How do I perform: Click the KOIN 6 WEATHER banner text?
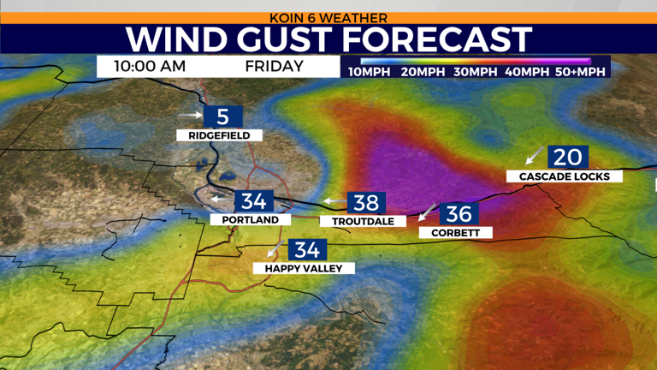(x=328, y=17)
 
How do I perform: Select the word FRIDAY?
(x=274, y=67)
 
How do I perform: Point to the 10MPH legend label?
(x=370, y=72)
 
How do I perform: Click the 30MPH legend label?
(x=476, y=72)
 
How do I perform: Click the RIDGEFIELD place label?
(x=219, y=135)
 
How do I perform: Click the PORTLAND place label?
(x=250, y=220)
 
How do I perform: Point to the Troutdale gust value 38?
(x=366, y=203)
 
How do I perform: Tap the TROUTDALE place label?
(x=363, y=221)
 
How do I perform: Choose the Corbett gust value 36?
(x=459, y=214)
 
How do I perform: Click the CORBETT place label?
(x=455, y=232)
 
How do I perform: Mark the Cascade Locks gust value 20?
(x=568, y=158)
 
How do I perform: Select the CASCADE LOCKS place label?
(x=564, y=176)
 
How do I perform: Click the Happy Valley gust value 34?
(x=305, y=250)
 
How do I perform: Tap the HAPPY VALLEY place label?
(x=304, y=268)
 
